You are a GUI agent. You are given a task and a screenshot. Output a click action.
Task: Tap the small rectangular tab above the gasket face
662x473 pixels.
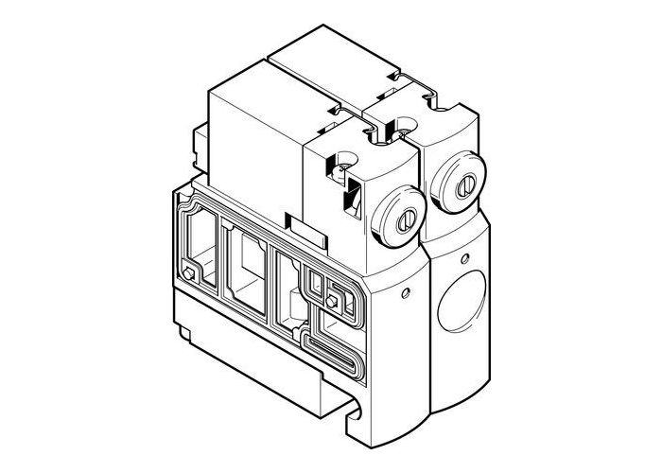coord(305,230)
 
